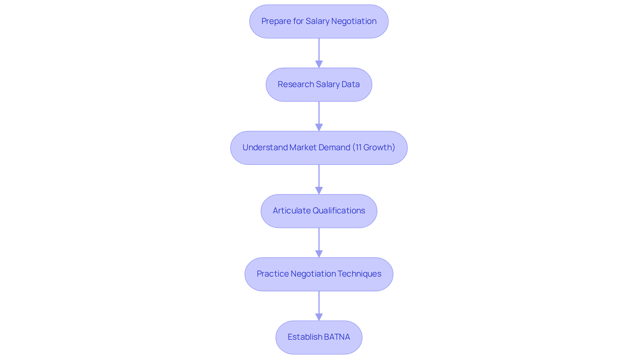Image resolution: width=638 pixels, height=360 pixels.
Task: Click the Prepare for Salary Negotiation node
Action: (319, 21)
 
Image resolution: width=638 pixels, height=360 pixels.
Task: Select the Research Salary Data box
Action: (319, 84)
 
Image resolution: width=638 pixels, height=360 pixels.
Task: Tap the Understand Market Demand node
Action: (319, 148)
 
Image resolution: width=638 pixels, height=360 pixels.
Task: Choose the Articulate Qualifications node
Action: (319, 211)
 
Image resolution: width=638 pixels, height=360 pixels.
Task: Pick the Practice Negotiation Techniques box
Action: (319, 274)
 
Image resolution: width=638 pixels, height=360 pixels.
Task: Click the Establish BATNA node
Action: (319, 337)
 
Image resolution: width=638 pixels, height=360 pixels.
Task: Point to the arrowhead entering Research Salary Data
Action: (319, 64)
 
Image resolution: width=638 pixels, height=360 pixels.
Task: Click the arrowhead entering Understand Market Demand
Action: (319, 127)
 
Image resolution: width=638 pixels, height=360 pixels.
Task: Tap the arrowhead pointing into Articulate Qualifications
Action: (319, 190)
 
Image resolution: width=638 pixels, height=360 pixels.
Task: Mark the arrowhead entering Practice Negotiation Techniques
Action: (319, 254)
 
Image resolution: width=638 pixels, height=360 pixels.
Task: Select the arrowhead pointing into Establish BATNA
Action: (319, 317)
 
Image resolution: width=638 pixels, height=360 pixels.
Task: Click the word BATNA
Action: (337, 337)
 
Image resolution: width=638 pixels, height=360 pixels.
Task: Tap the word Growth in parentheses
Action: (378, 148)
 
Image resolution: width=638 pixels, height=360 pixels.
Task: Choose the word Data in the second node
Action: (351, 84)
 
